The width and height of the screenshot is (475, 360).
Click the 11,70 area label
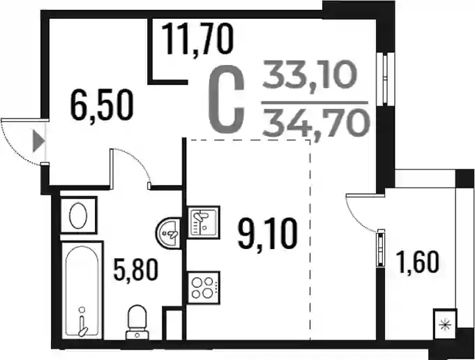pyautogui.click(x=197, y=40)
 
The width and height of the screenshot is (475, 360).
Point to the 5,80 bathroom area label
pyautogui.click(x=136, y=271)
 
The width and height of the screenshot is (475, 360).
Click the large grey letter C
pyautogui.click(x=227, y=100)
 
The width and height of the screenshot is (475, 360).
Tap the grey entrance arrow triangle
pyautogui.click(x=38, y=141)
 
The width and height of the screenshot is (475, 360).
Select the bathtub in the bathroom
pyautogui.click(x=82, y=290)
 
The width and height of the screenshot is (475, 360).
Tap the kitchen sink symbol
pyautogui.click(x=204, y=222)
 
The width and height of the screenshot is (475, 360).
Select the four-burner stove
pyautogui.click(x=204, y=287)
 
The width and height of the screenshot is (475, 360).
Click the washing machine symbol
pyautogui.click(x=79, y=215)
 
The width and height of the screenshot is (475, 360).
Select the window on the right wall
pyautogui.click(x=385, y=79)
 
